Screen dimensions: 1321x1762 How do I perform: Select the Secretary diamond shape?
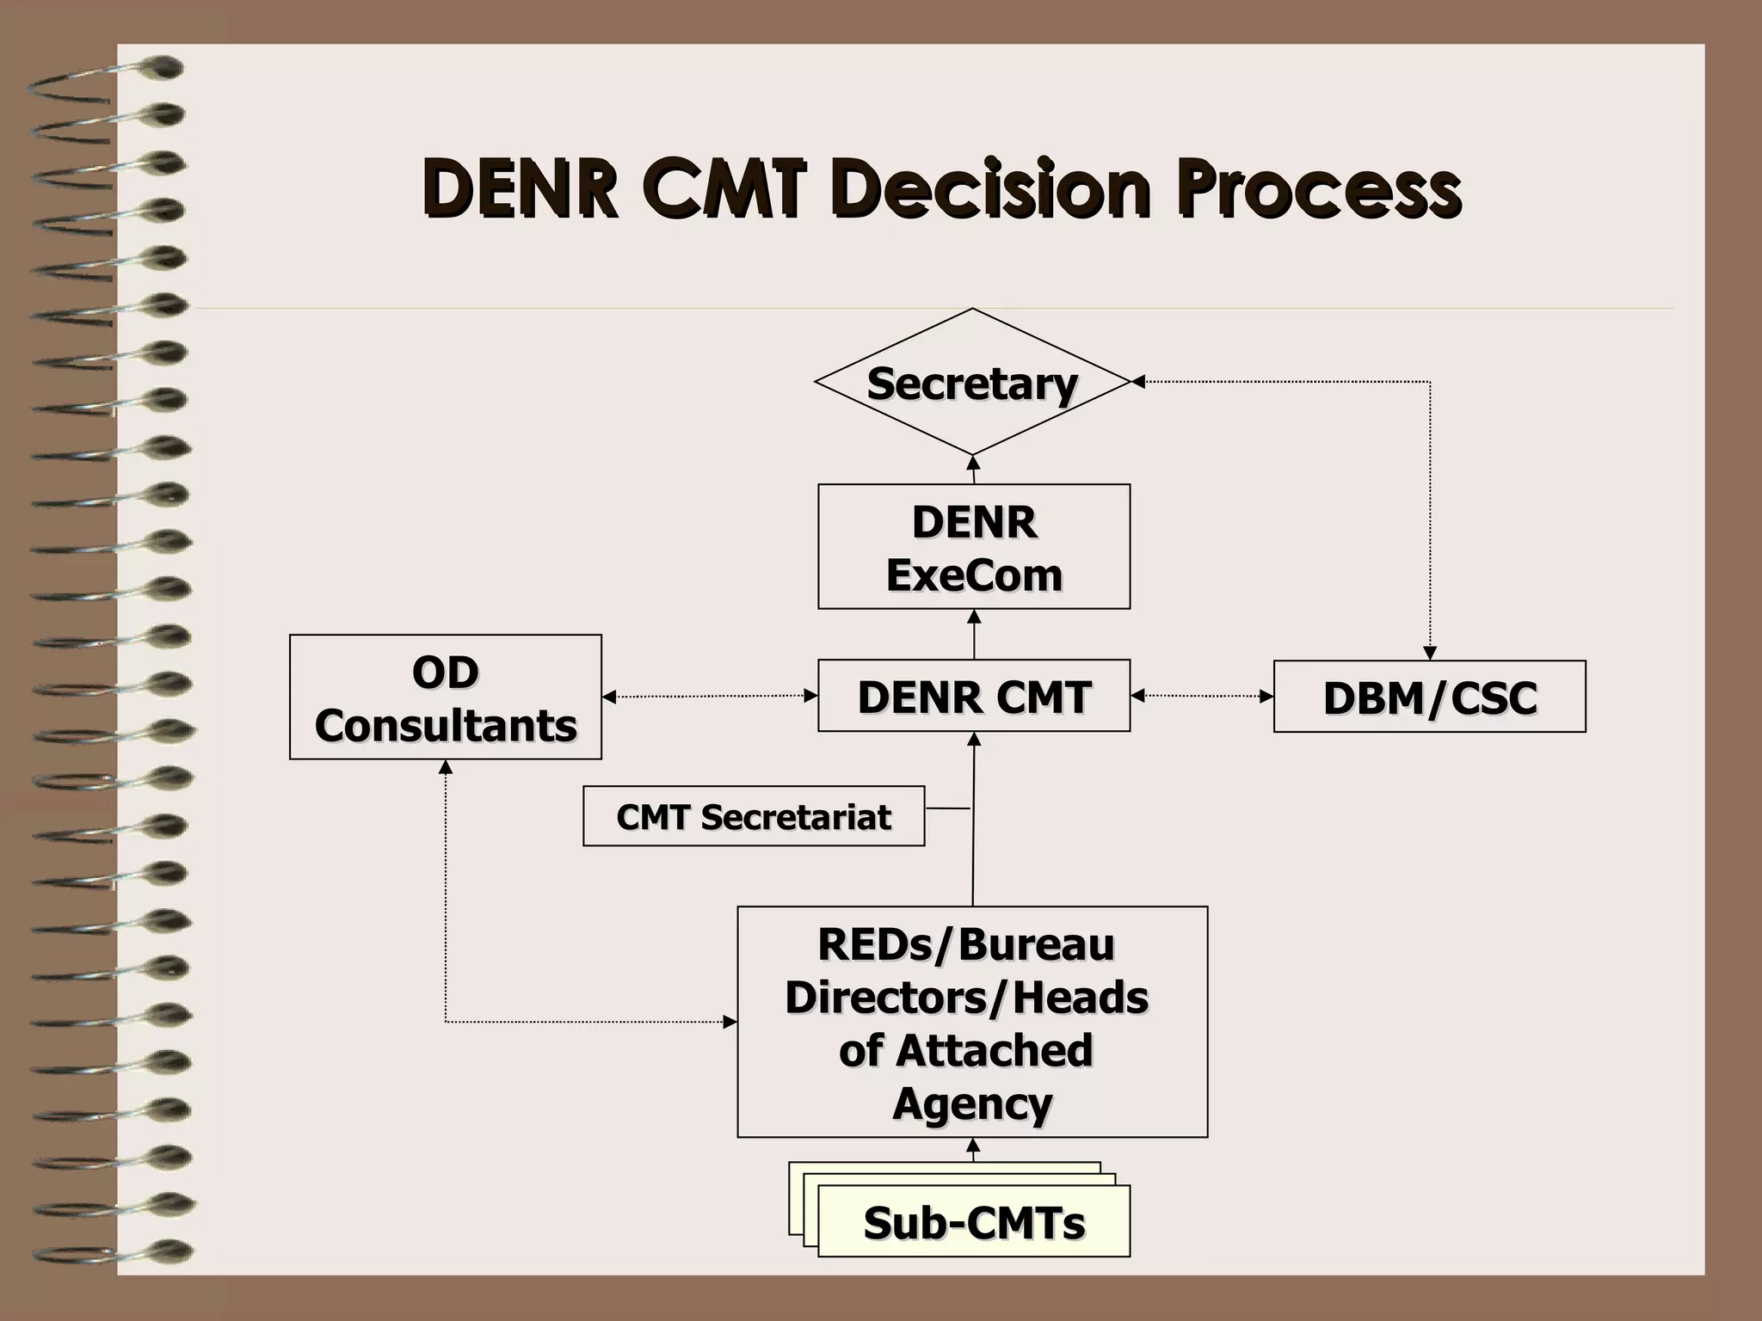[972, 383]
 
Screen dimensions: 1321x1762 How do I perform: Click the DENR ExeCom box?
[973, 547]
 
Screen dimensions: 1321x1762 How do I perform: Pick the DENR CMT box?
[973, 696]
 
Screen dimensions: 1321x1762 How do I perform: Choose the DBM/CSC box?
[1429, 697]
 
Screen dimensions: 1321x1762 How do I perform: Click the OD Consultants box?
[445, 697]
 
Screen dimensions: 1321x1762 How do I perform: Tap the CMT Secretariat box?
[753, 816]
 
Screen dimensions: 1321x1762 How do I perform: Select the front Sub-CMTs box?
[973, 1222]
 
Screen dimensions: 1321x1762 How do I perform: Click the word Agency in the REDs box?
[972, 1103]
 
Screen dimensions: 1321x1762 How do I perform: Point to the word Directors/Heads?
[966, 998]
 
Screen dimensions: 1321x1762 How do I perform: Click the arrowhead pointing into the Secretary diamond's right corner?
[1137, 381]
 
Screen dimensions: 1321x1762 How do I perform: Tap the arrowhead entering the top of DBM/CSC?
[1429, 654]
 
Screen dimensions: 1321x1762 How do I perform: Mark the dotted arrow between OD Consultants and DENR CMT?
[710, 696]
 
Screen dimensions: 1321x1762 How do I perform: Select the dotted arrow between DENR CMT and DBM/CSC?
[1202, 696]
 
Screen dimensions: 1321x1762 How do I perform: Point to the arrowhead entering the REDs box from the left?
[730, 1022]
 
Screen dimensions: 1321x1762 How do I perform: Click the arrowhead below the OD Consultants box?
[446, 767]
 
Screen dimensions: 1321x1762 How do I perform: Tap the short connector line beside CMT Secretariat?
[947, 808]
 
